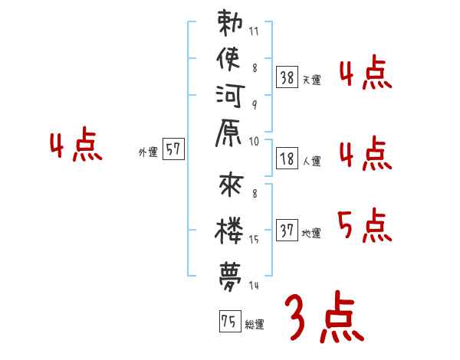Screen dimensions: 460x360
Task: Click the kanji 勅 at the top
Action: click(x=229, y=23)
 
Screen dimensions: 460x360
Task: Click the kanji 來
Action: click(x=229, y=188)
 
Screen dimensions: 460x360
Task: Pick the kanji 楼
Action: click(x=229, y=229)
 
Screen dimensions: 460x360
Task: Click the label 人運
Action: click(x=311, y=161)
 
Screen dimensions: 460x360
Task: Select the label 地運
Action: click(x=311, y=234)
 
